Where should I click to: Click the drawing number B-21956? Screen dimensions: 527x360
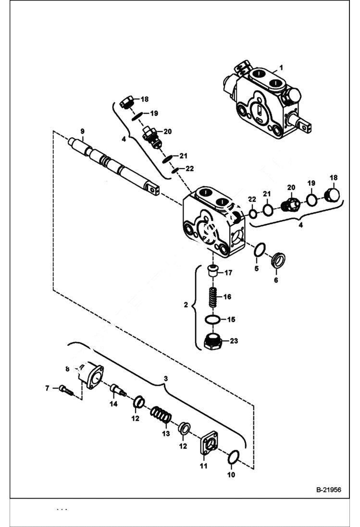(x=328, y=490)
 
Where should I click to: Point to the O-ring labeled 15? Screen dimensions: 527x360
(x=212, y=319)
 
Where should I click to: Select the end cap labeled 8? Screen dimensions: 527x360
(x=91, y=375)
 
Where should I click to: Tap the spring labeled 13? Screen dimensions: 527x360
(x=161, y=416)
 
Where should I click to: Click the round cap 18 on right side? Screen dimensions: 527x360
(x=332, y=195)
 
